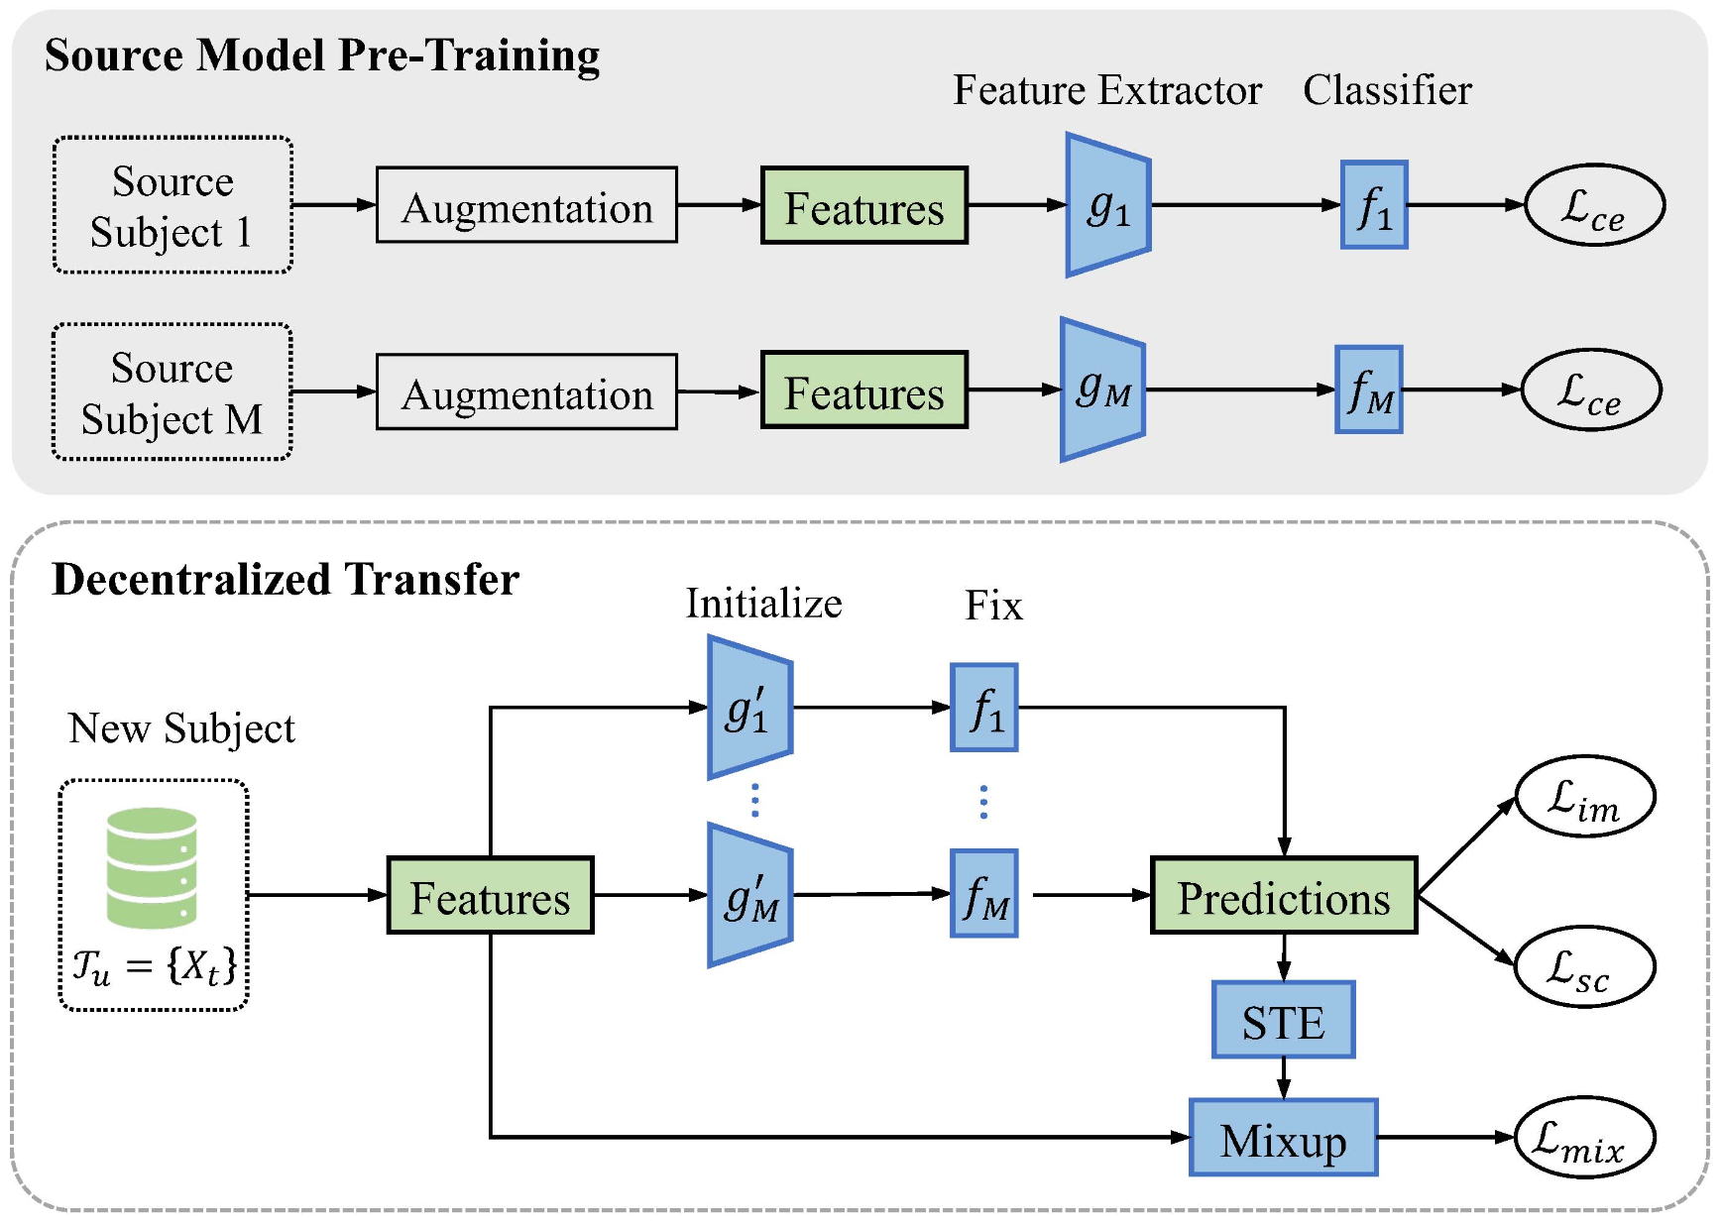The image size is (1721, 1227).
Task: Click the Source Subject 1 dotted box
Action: [172, 205]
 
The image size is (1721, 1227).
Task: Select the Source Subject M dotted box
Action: [172, 391]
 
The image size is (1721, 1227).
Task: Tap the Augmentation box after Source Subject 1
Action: [526, 205]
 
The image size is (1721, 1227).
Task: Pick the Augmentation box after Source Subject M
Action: [526, 391]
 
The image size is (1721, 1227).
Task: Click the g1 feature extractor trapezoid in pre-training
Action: [1108, 205]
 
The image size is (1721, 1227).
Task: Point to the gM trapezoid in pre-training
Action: [1103, 390]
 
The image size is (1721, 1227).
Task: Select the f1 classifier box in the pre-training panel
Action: [1374, 205]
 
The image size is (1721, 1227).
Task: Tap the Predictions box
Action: [1284, 896]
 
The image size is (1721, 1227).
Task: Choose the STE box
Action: [1284, 1020]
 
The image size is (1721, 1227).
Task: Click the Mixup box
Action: [1284, 1138]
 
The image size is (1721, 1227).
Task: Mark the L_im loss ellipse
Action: [1584, 797]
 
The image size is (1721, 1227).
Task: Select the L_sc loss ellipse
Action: [1584, 966]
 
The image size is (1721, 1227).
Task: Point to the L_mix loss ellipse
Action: [1584, 1138]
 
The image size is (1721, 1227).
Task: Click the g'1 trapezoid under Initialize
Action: [750, 708]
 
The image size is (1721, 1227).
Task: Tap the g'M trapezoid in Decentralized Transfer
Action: [750, 895]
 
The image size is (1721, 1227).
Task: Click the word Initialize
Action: [763, 604]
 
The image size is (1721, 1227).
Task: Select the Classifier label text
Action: [1387, 90]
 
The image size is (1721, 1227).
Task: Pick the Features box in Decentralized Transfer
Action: [491, 896]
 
